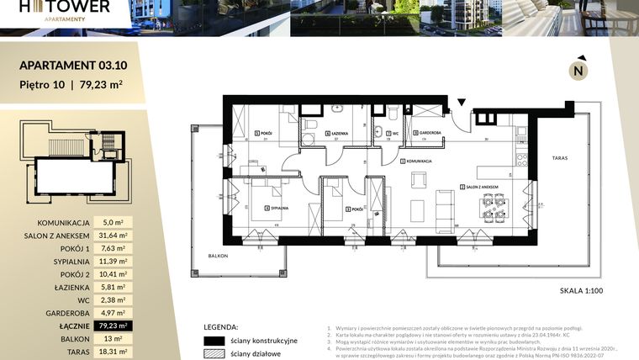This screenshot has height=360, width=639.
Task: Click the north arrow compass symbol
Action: click(x=578, y=71)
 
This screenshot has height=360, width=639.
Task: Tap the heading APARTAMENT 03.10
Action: click(x=73, y=64)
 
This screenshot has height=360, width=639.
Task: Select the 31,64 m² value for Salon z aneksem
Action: click(x=113, y=236)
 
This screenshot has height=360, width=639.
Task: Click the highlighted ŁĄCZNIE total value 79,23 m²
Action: click(x=113, y=325)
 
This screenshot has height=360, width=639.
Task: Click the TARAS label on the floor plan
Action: click(x=561, y=157)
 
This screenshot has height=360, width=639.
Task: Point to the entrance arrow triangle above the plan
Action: click(x=461, y=103)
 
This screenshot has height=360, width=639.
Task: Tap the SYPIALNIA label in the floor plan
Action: click(x=278, y=208)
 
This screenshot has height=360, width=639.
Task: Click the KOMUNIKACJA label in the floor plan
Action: click(x=418, y=161)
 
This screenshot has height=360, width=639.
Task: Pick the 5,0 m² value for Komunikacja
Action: click(x=113, y=223)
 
